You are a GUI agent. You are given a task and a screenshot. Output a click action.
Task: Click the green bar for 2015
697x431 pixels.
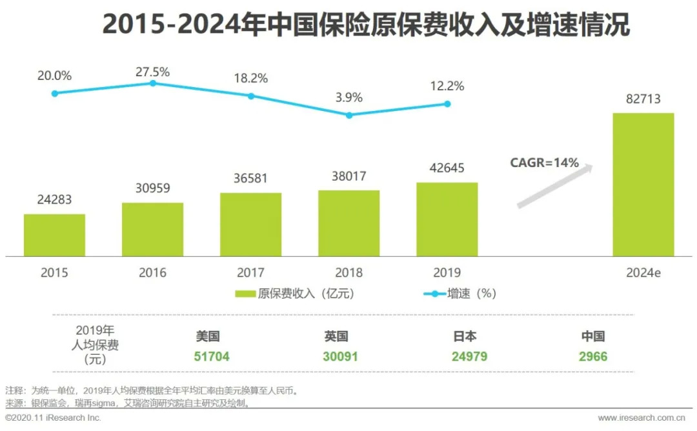coord(54,235)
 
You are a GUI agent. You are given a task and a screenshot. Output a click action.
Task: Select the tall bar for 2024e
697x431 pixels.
coord(643,185)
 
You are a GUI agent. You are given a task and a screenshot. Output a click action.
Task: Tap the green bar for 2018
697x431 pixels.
coord(348,223)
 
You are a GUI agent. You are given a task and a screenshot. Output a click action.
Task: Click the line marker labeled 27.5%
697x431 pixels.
coord(153,83)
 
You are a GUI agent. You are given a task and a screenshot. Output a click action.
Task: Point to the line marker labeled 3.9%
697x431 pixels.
coord(349,115)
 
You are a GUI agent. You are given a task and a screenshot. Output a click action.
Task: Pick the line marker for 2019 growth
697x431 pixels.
coord(447,104)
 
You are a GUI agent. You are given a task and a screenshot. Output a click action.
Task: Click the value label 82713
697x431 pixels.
coord(643,99)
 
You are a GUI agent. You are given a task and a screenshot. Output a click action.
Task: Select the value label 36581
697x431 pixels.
coord(250,178)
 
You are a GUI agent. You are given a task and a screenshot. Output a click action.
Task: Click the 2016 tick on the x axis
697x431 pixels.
coord(152,273)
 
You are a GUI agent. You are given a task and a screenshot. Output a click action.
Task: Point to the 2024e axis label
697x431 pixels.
coord(643,273)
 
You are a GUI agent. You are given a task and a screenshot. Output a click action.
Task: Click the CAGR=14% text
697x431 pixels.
coord(545,163)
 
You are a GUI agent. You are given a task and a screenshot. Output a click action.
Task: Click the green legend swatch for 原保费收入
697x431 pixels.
coord(245,294)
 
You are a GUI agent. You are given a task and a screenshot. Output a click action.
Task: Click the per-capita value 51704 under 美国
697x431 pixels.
coord(212,356)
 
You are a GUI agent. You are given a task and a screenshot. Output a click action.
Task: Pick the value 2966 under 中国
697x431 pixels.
coord(593,356)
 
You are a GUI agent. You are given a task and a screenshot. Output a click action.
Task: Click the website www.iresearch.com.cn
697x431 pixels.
coord(645,418)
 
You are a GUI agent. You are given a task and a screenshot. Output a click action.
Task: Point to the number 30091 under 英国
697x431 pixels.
coord(340,356)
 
